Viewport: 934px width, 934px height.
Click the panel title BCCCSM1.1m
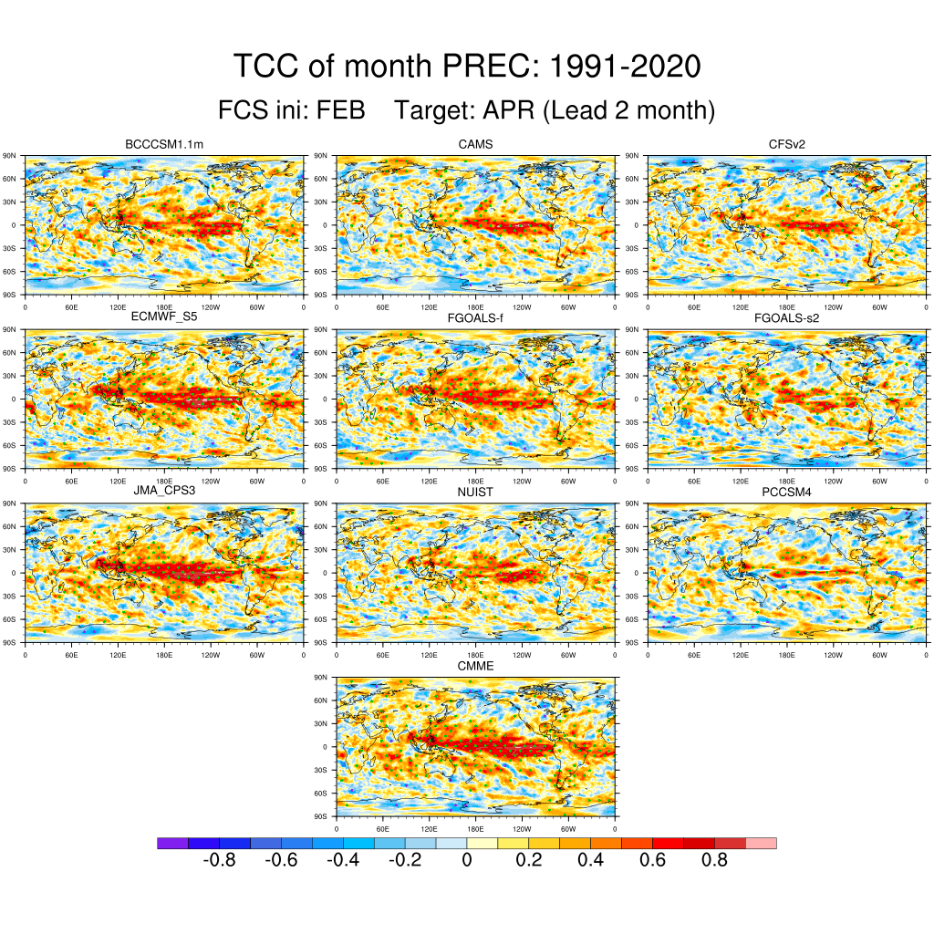163,145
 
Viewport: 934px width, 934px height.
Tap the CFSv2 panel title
787,145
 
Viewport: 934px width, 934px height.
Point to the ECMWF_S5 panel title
163,317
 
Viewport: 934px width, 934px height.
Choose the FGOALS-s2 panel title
787,317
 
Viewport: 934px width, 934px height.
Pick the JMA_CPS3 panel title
163,493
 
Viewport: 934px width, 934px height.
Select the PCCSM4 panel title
787,493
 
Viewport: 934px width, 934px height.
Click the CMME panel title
475,667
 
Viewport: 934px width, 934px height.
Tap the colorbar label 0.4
591,861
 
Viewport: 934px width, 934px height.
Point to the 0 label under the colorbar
467,861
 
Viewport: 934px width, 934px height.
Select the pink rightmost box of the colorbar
761,844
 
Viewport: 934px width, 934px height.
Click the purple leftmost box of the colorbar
172,844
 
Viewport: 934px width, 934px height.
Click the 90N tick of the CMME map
320,678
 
